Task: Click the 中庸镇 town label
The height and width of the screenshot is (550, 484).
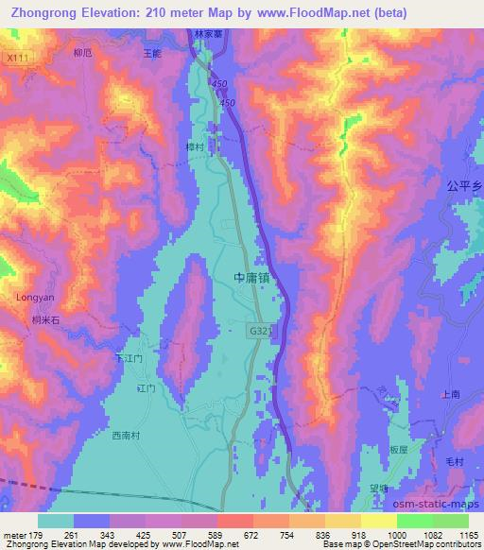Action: click(x=252, y=278)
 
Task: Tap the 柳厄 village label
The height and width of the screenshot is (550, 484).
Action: click(x=82, y=54)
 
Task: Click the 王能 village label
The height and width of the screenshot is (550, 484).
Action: click(x=151, y=54)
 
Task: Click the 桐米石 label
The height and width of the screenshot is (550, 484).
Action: click(x=45, y=321)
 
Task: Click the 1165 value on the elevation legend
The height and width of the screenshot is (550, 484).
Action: click(x=470, y=536)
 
